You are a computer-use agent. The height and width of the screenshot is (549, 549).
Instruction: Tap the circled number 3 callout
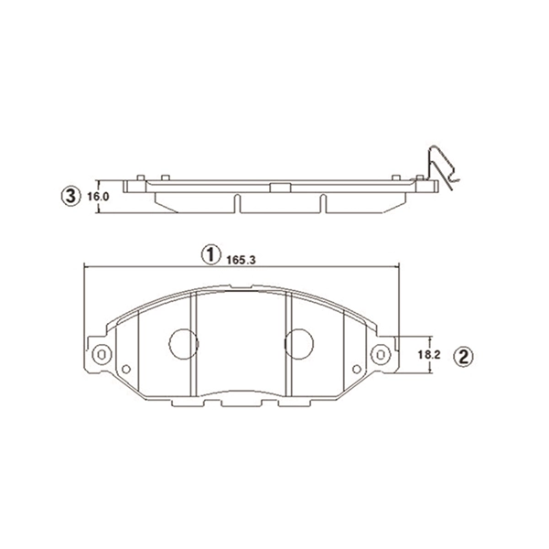click(70, 196)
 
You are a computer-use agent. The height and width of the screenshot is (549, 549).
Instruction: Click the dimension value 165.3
click(238, 261)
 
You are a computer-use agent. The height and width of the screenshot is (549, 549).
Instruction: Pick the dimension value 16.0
click(99, 196)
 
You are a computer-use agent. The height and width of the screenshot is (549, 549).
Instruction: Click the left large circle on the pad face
click(183, 343)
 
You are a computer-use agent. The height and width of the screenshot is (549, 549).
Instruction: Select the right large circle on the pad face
click(298, 343)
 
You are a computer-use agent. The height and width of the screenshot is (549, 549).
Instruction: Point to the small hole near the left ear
click(126, 369)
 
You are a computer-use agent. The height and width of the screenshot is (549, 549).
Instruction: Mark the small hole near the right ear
click(355, 369)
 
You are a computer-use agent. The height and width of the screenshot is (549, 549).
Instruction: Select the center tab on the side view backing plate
click(277, 188)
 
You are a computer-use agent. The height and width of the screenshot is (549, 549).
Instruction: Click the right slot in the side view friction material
click(321, 204)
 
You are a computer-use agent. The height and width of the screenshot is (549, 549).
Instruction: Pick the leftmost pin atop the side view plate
click(138, 177)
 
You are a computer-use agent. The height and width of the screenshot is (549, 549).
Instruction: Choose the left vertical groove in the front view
click(192, 348)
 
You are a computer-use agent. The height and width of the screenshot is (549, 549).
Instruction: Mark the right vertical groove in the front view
click(288, 348)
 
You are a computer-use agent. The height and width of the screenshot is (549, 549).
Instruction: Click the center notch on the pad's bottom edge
click(241, 402)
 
